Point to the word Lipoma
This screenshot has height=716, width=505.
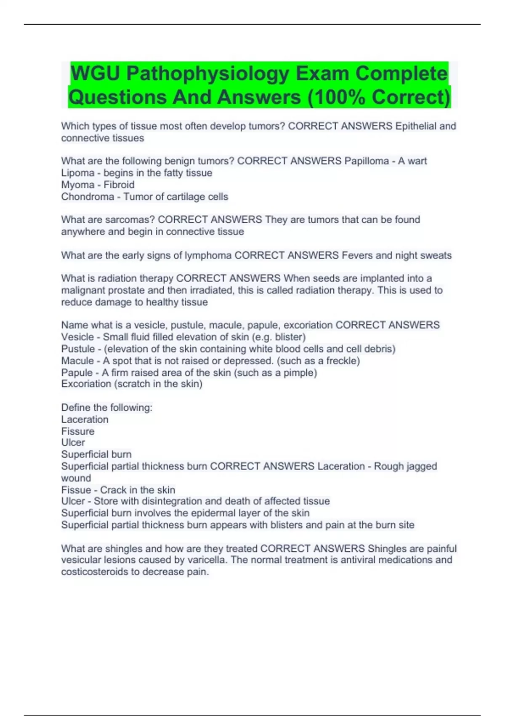(78, 173)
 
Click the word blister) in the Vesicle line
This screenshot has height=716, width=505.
(290, 337)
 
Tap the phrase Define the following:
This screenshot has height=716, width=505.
(107, 407)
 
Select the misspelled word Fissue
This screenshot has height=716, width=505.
(76, 490)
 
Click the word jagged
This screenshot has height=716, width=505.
(421, 466)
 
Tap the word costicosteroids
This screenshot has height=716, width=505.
(100, 572)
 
